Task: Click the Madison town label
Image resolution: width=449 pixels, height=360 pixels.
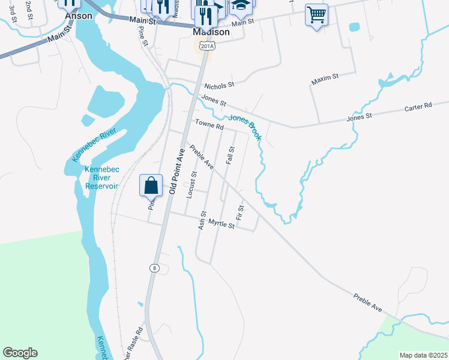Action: (x=212, y=32)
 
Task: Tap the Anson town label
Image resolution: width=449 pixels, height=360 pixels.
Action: (x=78, y=16)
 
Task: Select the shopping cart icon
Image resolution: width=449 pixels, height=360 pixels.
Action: (x=316, y=14)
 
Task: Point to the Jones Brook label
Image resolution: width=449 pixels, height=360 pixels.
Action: (x=244, y=128)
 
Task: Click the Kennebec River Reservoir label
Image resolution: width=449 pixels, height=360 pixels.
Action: (x=102, y=178)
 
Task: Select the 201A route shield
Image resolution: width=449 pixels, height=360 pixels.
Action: (x=206, y=46)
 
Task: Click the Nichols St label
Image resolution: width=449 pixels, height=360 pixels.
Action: (x=218, y=86)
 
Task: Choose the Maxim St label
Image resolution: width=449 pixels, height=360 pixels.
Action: (x=325, y=78)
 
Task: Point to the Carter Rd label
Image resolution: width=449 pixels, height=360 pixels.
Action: (x=418, y=106)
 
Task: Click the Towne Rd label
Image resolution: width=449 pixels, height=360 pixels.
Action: (x=209, y=126)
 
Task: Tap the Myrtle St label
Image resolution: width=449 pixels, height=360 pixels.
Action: (x=220, y=224)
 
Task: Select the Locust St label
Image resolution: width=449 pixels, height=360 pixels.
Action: (x=193, y=185)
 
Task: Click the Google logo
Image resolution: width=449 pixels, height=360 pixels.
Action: (x=20, y=353)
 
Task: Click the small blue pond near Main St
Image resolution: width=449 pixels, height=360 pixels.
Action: (x=354, y=28)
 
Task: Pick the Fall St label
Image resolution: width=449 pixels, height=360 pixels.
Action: (x=231, y=155)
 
